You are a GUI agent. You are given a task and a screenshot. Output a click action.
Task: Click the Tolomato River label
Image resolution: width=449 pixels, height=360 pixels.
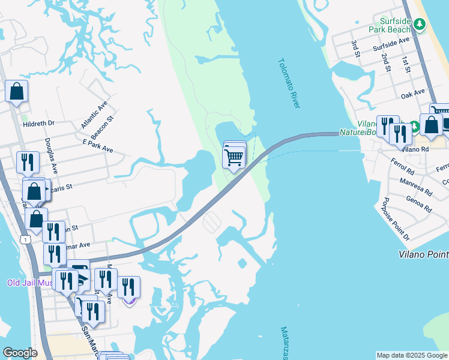tap(289, 83)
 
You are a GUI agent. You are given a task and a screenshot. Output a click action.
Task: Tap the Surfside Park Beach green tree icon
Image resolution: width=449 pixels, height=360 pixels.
tap(421, 25)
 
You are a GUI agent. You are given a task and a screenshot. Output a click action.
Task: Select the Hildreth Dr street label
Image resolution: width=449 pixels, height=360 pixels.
tap(38, 124)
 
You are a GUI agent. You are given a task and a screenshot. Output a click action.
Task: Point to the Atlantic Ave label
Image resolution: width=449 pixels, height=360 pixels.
tap(94, 114)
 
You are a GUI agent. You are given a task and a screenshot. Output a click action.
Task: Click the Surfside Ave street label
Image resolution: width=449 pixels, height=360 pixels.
tap(391, 43)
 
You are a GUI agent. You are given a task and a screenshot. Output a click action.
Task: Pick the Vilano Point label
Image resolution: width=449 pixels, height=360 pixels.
tap(424, 254)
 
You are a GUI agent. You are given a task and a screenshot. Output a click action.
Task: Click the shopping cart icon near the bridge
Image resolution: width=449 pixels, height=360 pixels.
tap(233, 157)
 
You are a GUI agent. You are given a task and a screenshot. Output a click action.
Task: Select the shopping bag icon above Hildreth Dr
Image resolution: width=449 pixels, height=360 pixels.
tap(17, 92)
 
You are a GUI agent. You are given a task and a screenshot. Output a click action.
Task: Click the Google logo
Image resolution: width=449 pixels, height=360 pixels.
tap(20, 353)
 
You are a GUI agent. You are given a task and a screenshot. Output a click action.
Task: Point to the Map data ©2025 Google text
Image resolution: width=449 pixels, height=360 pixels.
tap(412, 355)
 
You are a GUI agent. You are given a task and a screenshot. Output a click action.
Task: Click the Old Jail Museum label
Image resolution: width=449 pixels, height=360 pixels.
tap(30, 283)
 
